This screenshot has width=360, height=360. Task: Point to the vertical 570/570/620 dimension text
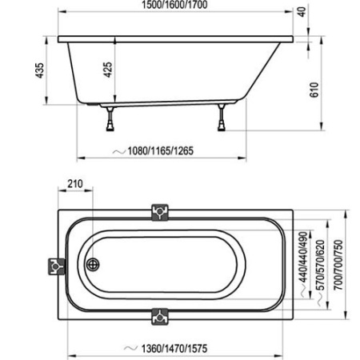point(319,265)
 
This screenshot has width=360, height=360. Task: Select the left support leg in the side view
point(109,118)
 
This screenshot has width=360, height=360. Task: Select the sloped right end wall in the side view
point(264,72)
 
